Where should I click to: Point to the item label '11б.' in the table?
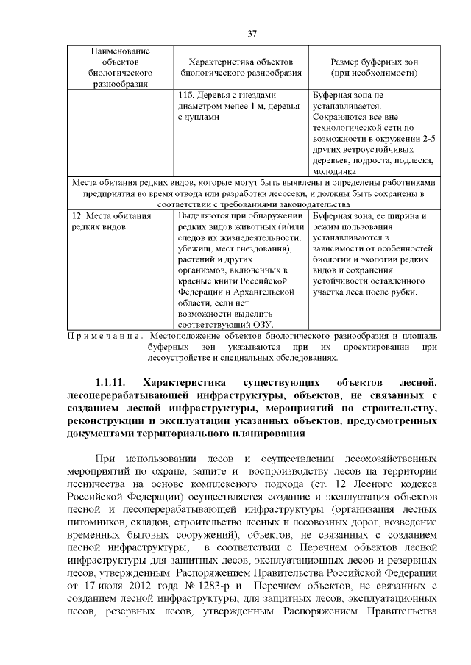click(187, 96)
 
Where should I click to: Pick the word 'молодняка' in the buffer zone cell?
click(335, 171)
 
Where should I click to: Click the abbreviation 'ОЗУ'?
click(262, 325)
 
